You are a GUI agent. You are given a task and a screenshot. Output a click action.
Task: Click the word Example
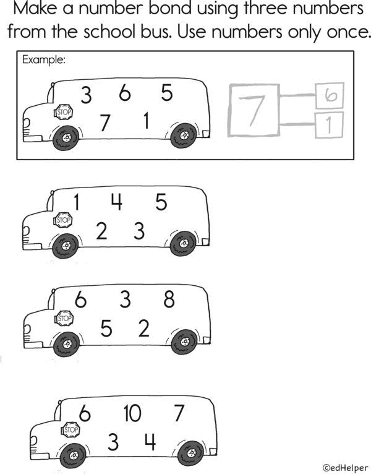click(x=44, y=60)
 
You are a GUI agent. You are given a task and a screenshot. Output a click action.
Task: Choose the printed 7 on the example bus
click(x=105, y=123)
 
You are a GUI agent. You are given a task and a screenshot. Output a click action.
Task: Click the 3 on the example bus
click(x=86, y=95)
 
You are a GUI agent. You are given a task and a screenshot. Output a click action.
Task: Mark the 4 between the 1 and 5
click(x=116, y=202)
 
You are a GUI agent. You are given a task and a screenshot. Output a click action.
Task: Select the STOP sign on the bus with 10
click(x=71, y=429)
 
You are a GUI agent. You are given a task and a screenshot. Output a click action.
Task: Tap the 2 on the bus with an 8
click(x=143, y=329)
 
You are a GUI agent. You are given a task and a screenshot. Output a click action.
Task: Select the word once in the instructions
click(x=341, y=32)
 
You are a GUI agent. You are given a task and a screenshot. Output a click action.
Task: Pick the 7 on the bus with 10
click(x=179, y=413)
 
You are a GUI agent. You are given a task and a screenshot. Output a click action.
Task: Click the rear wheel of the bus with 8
click(x=184, y=342)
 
